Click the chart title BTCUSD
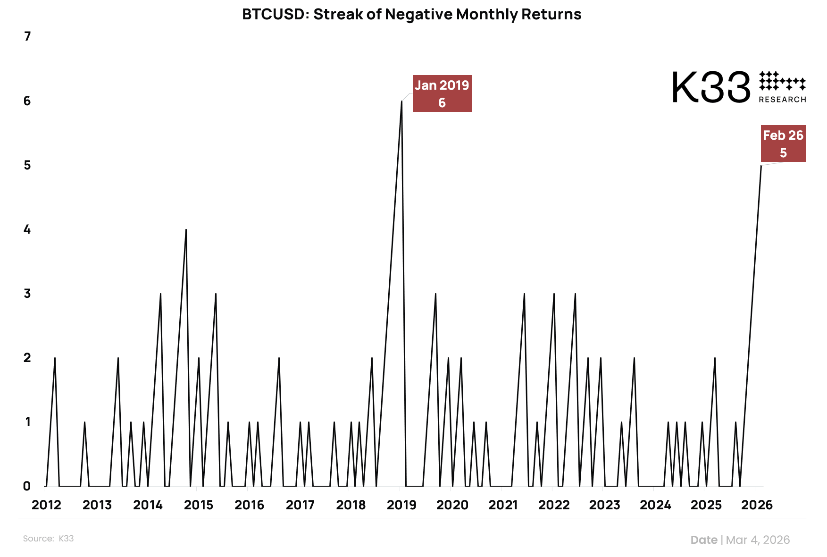pyautogui.click(x=411, y=14)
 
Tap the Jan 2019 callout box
pyautogui.click(x=442, y=93)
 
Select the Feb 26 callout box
pyautogui.click(x=783, y=143)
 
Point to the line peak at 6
pyautogui.click(x=401, y=101)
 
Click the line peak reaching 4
pyautogui.click(x=186, y=229)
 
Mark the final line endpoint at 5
pyautogui.click(x=761, y=165)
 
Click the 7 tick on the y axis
pyautogui.click(x=27, y=36)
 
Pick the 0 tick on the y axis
pyautogui.click(x=27, y=486)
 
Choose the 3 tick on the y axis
pyautogui.click(x=27, y=294)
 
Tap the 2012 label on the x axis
pyautogui.click(x=46, y=505)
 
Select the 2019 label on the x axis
pyautogui.click(x=401, y=505)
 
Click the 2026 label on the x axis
pyautogui.click(x=757, y=505)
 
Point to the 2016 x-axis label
pyautogui.click(x=249, y=505)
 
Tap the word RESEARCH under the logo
pyautogui.click(x=782, y=100)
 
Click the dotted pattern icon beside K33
pyautogui.click(x=782, y=81)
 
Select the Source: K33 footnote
pyautogui.click(x=48, y=539)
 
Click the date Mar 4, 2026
pyautogui.click(x=758, y=540)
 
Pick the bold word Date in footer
pyautogui.click(x=703, y=540)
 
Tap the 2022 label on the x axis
pyautogui.click(x=554, y=505)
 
